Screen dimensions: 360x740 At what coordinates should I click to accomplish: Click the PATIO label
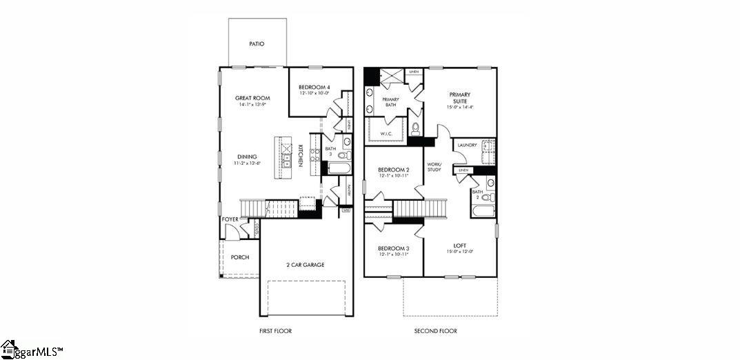(257, 43)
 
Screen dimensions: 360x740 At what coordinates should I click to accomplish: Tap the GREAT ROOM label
(251, 98)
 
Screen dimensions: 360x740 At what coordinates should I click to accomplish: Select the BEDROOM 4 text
(314, 87)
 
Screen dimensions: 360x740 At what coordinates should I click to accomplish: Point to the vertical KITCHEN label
(300, 155)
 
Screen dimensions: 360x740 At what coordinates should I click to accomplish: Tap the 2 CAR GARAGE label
(305, 264)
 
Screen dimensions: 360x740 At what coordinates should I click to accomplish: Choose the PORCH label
(240, 257)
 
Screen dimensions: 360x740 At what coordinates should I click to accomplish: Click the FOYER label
(230, 219)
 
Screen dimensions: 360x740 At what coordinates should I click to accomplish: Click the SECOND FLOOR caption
(435, 331)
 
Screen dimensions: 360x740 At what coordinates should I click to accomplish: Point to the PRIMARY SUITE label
(460, 97)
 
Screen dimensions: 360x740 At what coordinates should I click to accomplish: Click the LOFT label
(459, 246)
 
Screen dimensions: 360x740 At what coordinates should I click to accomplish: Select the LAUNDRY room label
(467, 145)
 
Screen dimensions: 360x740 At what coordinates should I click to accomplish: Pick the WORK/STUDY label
(434, 166)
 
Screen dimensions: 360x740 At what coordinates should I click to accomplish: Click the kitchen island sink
(286, 161)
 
